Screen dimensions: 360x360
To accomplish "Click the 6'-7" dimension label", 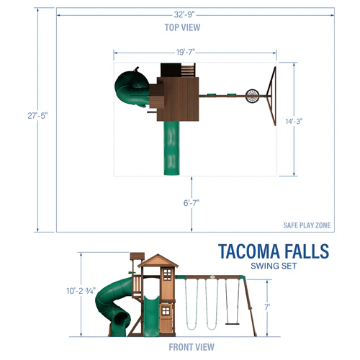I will tap(192, 202).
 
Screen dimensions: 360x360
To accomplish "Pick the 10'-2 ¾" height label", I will tap(81, 291).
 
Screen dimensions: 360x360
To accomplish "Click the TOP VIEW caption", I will tap(183, 27).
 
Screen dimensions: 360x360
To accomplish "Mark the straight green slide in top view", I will tap(172, 148).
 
